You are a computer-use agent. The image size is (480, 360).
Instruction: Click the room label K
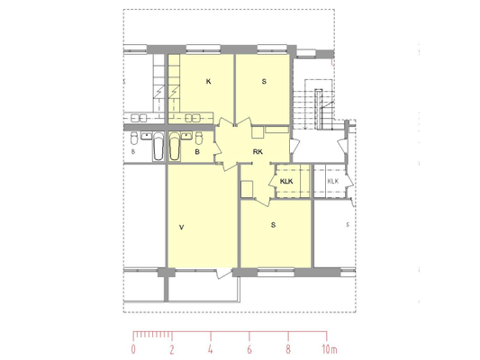(x=208, y=82)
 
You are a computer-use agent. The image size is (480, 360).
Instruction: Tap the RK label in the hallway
(x=258, y=152)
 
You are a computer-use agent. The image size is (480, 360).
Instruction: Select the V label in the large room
(x=182, y=228)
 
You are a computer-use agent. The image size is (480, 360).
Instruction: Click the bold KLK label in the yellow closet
(x=286, y=182)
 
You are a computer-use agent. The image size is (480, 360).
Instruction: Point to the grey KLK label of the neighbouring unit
(x=333, y=181)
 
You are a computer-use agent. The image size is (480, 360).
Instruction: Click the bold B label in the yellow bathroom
(x=197, y=152)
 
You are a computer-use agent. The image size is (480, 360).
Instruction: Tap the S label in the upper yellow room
(x=264, y=82)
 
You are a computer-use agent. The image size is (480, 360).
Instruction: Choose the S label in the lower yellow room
(x=273, y=225)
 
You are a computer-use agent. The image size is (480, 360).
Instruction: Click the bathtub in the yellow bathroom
(x=175, y=146)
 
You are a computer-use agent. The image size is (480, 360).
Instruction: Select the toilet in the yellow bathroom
(x=199, y=138)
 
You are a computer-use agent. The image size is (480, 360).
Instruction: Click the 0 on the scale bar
(x=133, y=349)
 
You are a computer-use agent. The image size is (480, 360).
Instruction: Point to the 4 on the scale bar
(x=211, y=349)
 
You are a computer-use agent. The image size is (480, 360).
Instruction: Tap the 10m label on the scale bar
(x=330, y=349)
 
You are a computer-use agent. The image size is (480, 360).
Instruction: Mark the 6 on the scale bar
(x=249, y=349)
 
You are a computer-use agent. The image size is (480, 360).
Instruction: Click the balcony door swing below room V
(x=222, y=273)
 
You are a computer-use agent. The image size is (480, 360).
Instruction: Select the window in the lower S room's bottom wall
(x=276, y=272)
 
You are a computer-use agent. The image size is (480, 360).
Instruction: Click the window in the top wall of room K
(x=204, y=48)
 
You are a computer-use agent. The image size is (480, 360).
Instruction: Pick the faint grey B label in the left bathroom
(x=133, y=151)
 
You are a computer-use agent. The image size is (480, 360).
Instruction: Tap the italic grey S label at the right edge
(x=348, y=225)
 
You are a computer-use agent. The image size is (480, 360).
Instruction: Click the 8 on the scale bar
(x=288, y=349)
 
